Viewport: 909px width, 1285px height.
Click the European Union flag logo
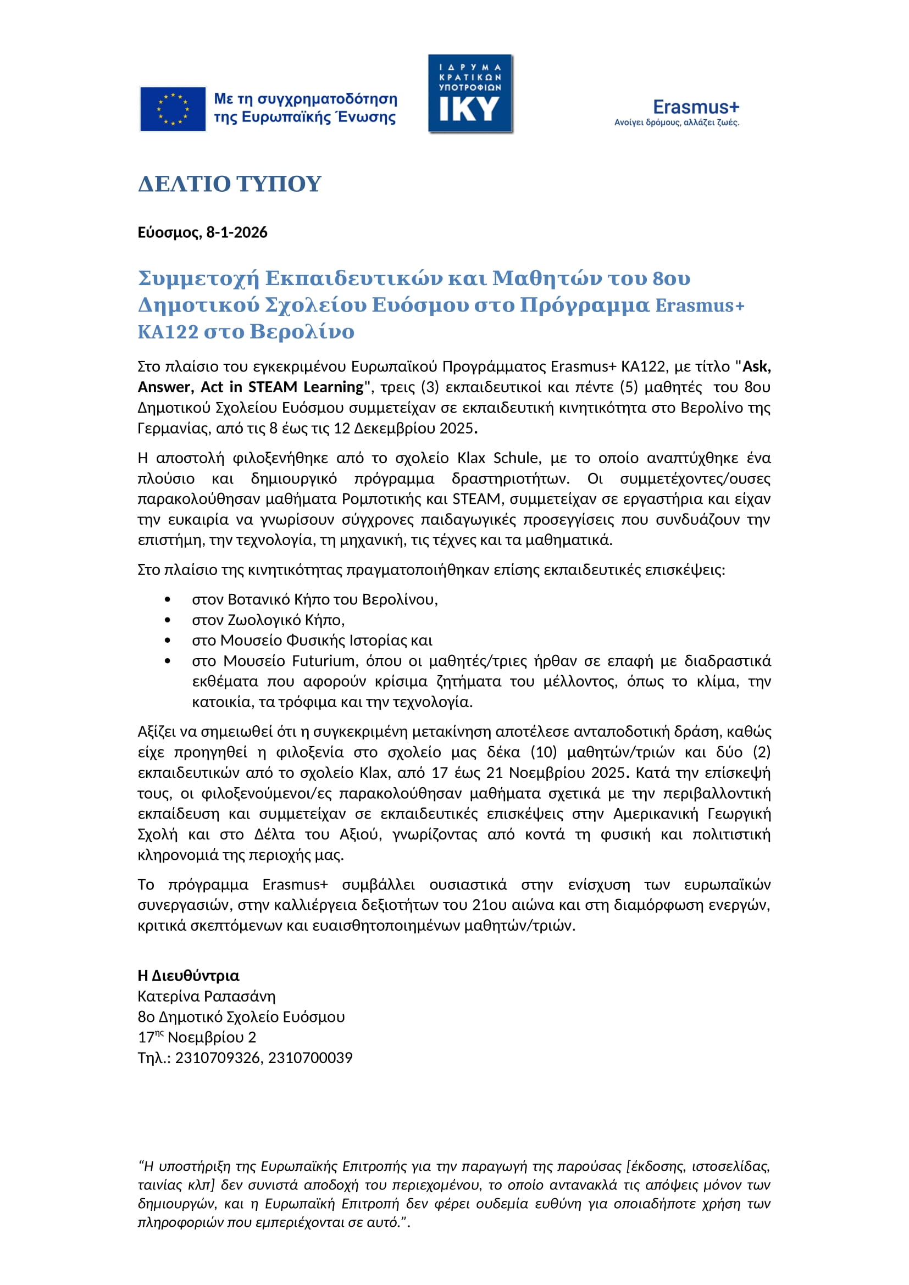tap(173, 109)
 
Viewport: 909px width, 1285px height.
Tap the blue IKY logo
tap(470, 94)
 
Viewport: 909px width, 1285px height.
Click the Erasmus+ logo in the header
tap(677, 113)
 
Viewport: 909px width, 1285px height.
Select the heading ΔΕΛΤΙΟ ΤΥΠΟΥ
tap(230, 184)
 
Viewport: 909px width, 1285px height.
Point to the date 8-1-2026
tap(237, 232)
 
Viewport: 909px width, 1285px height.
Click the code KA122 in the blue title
tap(168, 332)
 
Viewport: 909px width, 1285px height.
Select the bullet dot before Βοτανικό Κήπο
tap(168, 599)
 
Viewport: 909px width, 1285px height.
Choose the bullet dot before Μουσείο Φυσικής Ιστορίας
tap(168, 640)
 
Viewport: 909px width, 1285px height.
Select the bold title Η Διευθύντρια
tap(189, 976)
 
